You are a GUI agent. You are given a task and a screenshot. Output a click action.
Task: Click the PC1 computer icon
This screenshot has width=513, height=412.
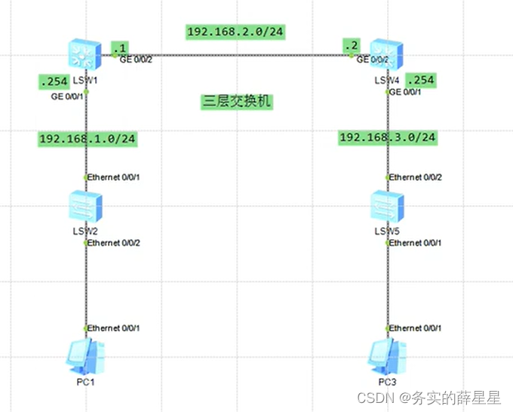tap(85, 357)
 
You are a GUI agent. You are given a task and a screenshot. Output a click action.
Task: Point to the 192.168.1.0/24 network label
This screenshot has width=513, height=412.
tap(88, 138)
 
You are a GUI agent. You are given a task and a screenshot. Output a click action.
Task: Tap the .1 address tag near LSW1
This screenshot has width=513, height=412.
tap(118, 48)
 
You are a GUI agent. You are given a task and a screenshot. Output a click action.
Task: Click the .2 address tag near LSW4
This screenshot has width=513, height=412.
tap(350, 45)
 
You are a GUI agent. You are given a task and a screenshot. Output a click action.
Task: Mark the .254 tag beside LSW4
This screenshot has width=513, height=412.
tap(420, 80)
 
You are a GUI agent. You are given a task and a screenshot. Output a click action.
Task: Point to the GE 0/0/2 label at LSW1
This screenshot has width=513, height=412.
tap(137, 60)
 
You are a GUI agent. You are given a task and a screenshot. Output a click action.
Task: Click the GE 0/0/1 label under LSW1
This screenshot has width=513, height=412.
tap(68, 95)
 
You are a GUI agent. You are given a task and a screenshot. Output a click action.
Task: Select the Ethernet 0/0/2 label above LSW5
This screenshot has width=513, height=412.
tap(415, 177)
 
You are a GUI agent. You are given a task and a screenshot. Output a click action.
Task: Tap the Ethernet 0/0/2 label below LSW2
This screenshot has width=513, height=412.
tap(113, 243)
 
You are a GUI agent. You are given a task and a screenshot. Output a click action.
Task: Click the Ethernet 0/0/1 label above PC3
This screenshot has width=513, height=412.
tap(415, 328)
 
